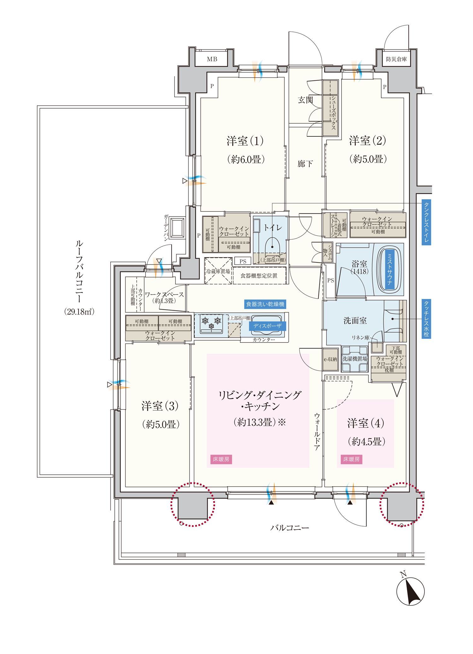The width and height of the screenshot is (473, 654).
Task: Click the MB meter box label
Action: click(212, 59)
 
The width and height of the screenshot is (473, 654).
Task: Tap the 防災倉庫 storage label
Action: click(396, 59)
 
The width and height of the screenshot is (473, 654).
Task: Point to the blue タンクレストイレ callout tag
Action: click(426, 222)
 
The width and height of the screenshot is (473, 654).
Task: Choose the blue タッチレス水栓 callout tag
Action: click(426, 319)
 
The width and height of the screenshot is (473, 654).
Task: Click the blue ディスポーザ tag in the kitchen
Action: click(267, 326)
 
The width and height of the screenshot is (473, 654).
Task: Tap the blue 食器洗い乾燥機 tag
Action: click(265, 304)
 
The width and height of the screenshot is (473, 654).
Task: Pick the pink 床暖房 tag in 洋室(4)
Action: click(351, 459)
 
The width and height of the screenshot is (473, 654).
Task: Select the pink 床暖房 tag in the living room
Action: click(221, 459)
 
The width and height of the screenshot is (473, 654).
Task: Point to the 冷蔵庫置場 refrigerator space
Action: click(218, 271)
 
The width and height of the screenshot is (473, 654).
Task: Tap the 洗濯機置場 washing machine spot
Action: click(355, 359)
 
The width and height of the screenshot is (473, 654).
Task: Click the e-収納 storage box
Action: click(330, 359)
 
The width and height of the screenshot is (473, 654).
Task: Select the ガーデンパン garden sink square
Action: click(177, 227)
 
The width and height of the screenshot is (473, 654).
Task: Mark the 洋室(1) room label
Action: click(245, 141)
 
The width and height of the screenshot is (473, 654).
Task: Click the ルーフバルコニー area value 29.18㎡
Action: click(79, 312)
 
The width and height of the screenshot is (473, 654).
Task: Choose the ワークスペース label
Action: click(164, 294)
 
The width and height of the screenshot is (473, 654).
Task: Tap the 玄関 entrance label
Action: click(306, 100)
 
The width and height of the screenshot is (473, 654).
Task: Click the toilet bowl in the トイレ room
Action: click(272, 246)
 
